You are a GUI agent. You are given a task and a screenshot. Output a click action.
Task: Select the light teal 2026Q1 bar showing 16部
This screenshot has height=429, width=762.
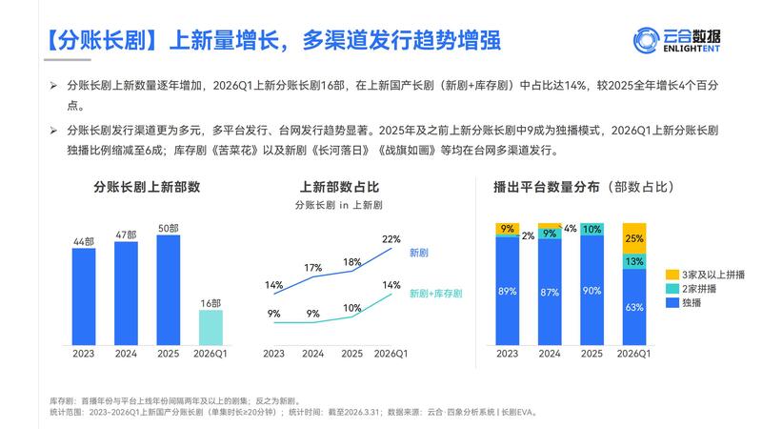[x=211, y=326]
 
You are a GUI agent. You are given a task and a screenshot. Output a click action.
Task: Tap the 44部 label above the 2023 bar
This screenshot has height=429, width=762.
[x=84, y=241]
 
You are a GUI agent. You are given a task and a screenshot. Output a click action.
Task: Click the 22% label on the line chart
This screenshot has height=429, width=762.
[x=391, y=238]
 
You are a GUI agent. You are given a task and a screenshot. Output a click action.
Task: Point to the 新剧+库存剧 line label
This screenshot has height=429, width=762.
[x=434, y=295]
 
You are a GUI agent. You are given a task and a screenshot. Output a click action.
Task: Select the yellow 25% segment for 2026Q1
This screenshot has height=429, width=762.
[x=633, y=237]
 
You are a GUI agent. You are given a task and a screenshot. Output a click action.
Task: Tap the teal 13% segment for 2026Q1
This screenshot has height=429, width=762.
[x=633, y=261]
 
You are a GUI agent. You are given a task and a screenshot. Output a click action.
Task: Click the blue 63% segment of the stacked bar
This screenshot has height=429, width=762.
[x=633, y=306]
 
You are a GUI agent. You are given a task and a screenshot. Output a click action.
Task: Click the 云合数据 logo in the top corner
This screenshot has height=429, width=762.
[x=678, y=40]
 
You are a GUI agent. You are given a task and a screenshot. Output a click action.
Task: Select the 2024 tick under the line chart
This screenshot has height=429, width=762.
[x=313, y=353]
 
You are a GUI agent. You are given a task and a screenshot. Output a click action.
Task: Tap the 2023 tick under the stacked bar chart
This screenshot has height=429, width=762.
[x=508, y=353]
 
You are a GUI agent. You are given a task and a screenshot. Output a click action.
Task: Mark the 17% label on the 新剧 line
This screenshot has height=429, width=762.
[x=313, y=268]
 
